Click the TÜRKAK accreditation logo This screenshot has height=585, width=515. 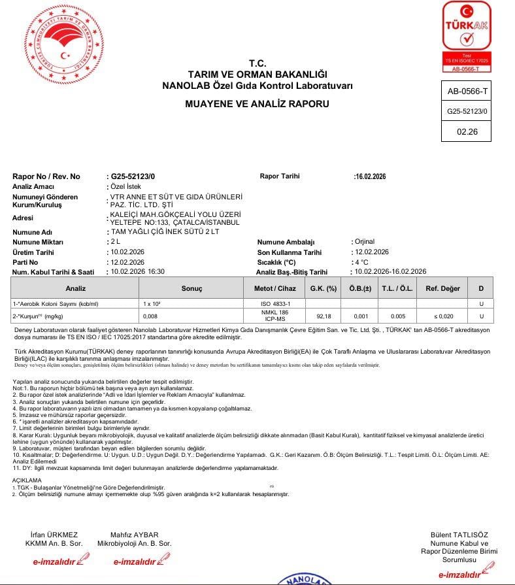[467, 36]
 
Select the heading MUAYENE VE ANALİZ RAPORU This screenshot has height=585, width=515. [257, 104]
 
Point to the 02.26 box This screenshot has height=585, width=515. [467, 131]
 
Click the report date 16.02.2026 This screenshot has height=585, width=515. [371, 176]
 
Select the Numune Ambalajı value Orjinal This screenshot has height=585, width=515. [364, 242]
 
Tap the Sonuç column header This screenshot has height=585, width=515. [191, 288]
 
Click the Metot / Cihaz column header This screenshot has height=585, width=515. [280, 288]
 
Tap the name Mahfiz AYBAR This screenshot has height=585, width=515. [134, 535]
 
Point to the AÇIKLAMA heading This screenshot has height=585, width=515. [27, 480]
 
